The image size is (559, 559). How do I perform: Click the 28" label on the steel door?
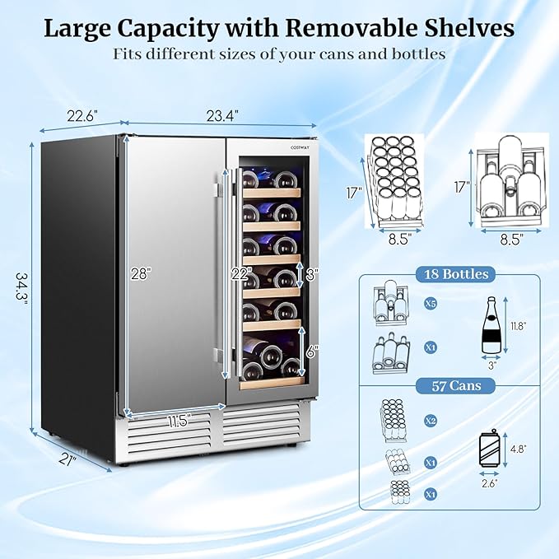(141, 274)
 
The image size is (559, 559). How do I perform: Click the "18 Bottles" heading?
(450, 275)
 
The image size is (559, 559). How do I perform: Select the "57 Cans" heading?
(450, 385)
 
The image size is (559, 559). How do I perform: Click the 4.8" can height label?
(517, 450)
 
